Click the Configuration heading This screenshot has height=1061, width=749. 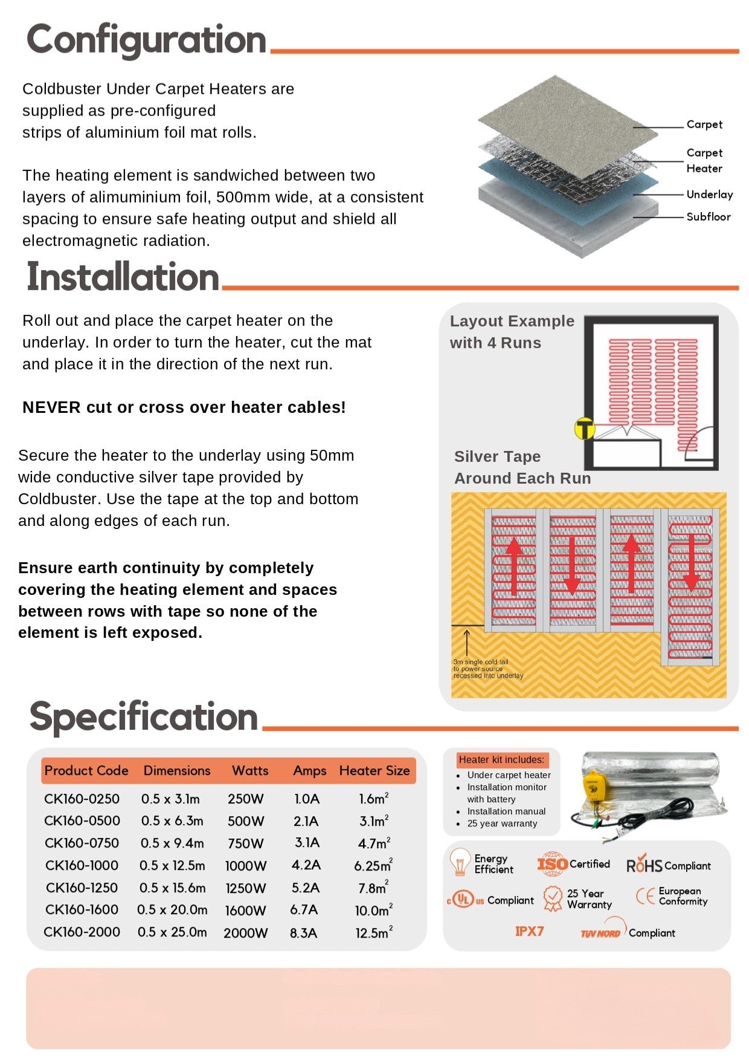(x=146, y=40)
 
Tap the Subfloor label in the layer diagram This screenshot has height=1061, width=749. (x=708, y=216)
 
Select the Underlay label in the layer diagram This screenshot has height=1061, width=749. (x=709, y=194)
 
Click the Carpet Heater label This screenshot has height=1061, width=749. (x=704, y=160)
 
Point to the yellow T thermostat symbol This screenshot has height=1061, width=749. (x=584, y=429)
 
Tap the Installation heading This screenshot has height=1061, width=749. (x=123, y=277)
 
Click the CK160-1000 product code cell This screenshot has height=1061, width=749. (x=82, y=865)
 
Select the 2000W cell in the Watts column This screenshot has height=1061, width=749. (x=245, y=933)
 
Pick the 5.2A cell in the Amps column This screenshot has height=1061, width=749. (x=306, y=887)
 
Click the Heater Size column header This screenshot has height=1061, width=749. (x=374, y=771)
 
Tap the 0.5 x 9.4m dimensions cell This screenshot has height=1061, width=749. (x=172, y=843)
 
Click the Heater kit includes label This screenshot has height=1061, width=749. (x=501, y=760)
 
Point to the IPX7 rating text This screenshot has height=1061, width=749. (x=529, y=932)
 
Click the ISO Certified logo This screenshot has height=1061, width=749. (x=573, y=865)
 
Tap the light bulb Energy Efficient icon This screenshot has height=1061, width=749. (x=460, y=862)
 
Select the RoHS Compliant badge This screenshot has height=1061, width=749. (x=668, y=866)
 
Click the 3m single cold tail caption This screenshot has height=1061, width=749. (x=488, y=669)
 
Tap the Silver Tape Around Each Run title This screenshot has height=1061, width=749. (x=522, y=467)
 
